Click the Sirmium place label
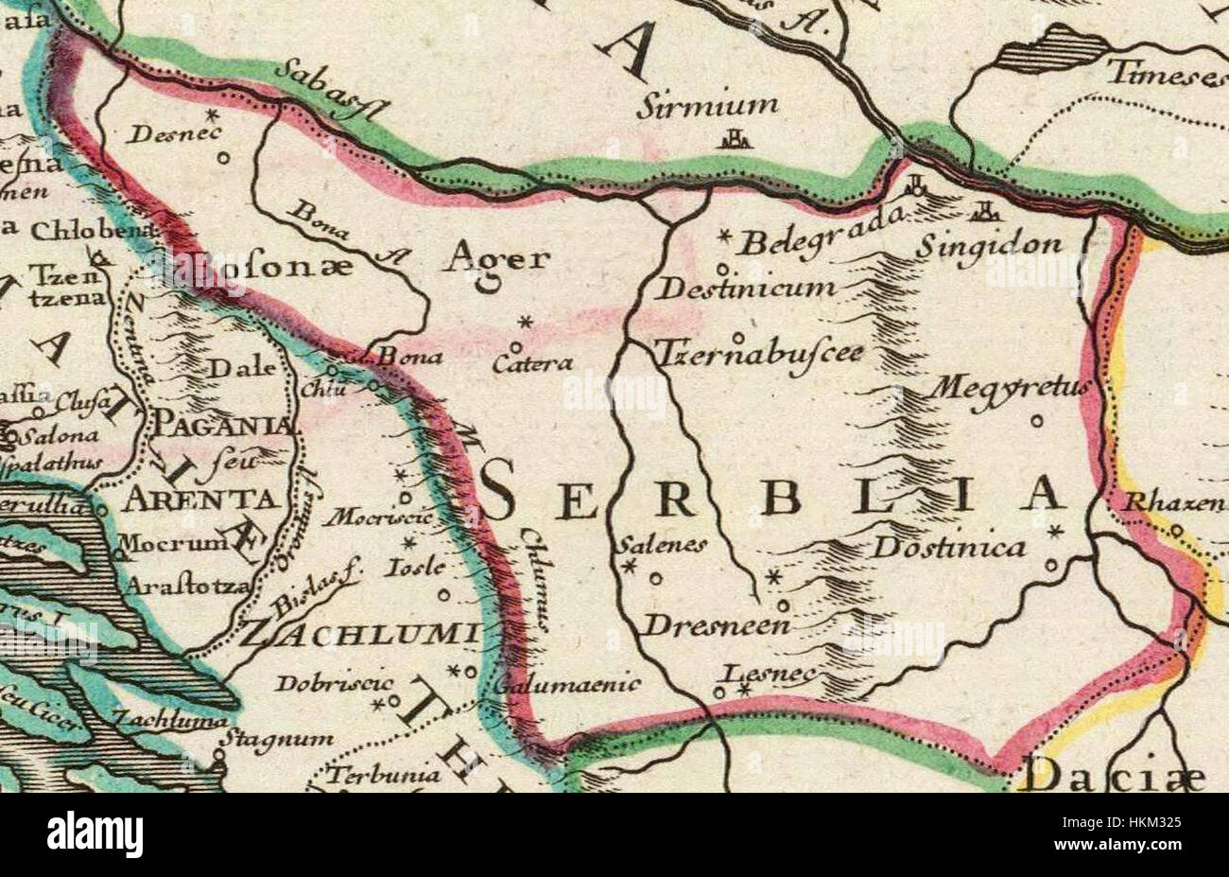click(x=706, y=104)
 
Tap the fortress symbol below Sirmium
click(x=734, y=142)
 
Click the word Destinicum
click(x=745, y=289)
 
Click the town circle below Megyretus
click(x=1036, y=421)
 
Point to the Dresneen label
click(x=703, y=625)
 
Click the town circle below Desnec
click(x=223, y=159)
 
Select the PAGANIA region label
click(x=224, y=428)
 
